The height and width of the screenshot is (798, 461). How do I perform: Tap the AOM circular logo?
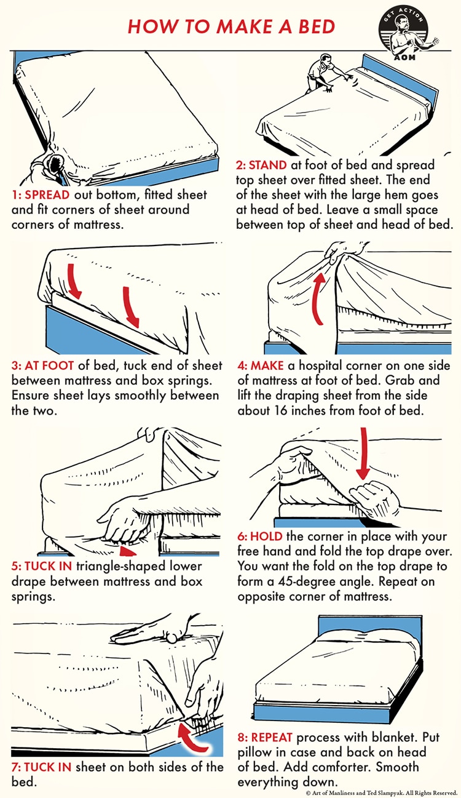(x=406, y=34)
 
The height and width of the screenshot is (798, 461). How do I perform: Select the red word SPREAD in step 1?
(x=47, y=195)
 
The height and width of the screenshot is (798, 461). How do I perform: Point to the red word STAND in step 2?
(x=268, y=166)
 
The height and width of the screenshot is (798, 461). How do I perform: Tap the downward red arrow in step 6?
(x=363, y=453)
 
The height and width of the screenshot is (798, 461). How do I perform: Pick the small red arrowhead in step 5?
(x=127, y=551)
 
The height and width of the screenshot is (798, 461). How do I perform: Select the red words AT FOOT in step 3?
(x=49, y=365)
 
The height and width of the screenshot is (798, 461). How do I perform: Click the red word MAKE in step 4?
(x=267, y=365)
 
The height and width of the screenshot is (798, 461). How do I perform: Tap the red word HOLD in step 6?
(x=266, y=536)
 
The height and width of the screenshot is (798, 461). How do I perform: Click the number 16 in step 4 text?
(x=280, y=411)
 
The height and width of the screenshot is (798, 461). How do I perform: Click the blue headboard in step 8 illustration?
(x=370, y=626)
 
